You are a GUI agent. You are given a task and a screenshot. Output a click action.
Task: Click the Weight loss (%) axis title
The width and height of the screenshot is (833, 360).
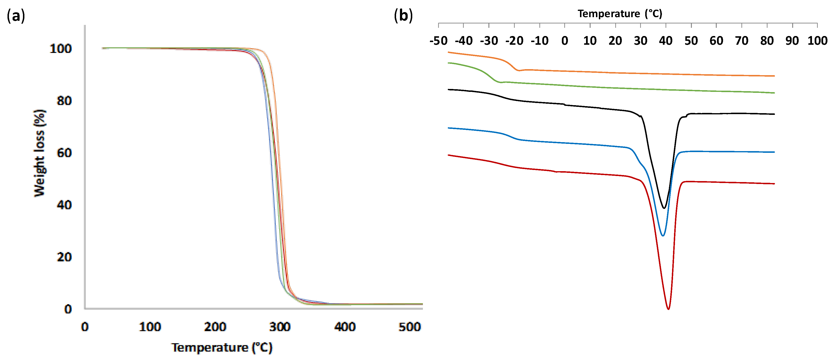click(x=39, y=153)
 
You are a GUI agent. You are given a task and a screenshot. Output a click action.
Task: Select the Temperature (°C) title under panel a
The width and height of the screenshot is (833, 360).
click(x=222, y=347)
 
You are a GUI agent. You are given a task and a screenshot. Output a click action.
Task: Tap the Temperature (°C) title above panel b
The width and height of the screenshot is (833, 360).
click(x=620, y=14)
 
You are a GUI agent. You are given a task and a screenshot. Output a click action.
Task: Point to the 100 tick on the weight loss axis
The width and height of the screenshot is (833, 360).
click(x=60, y=49)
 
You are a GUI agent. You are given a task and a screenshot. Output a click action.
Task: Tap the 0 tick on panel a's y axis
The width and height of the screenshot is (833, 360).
click(x=68, y=309)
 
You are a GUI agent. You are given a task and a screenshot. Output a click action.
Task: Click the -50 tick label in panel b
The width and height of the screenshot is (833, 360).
click(x=438, y=41)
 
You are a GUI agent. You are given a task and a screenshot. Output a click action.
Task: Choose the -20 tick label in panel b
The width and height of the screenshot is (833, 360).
click(x=514, y=41)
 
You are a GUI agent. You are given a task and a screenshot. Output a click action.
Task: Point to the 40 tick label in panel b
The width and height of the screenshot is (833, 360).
click(x=666, y=41)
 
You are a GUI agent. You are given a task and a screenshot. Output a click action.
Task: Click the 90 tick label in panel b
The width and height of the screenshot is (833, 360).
click(x=792, y=41)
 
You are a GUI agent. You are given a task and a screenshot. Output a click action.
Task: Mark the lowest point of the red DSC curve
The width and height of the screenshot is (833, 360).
click(x=668, y=309)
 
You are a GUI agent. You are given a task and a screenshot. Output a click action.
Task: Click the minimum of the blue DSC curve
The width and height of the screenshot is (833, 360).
click(x=663, y=235)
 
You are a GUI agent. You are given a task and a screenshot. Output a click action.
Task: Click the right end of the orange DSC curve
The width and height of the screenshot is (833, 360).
click(x=774, y=76)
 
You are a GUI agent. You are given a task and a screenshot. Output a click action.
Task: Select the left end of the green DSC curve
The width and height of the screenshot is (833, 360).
click(x=449, y=63)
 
